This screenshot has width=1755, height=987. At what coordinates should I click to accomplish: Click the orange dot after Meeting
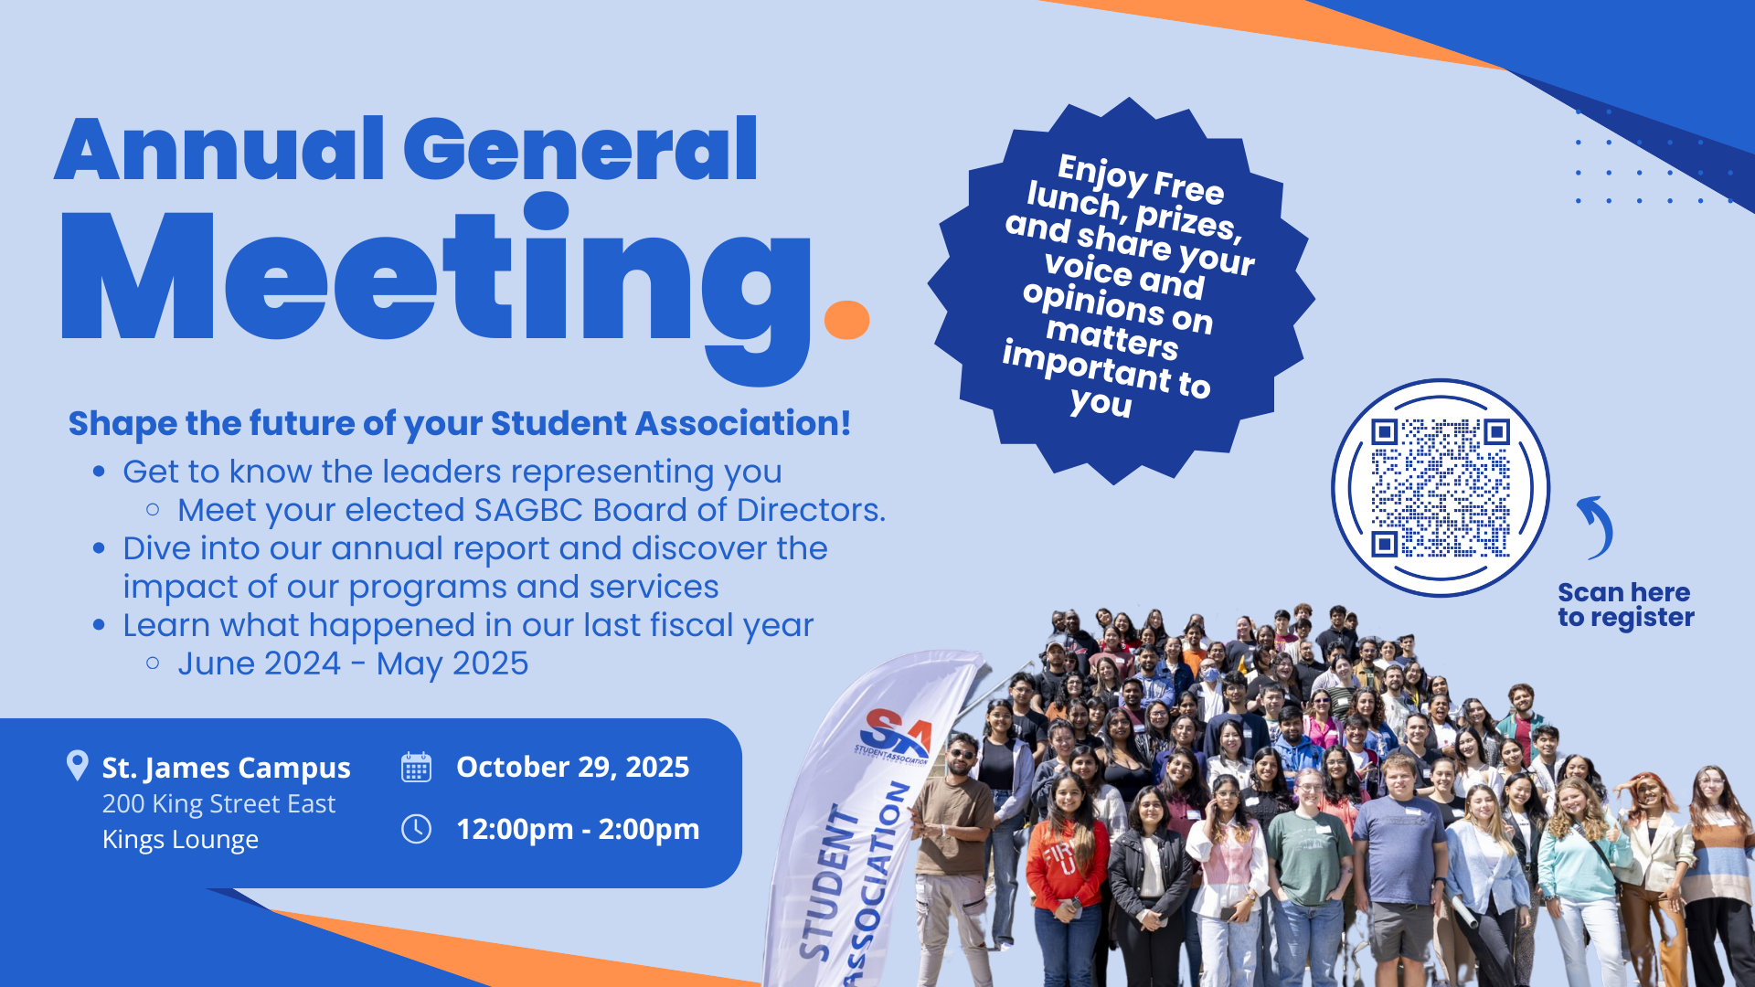(846, 320)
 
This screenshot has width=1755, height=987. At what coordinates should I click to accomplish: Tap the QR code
(1440, 488)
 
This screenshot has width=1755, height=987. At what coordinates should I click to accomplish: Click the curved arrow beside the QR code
(1596, 527)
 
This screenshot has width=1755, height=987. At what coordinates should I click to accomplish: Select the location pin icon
(78, 766)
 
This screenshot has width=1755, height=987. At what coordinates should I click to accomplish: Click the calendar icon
(416, 767)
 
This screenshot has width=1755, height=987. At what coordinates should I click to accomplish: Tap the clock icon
(416, 829)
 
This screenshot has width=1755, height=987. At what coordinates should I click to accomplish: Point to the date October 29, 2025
(573, 768)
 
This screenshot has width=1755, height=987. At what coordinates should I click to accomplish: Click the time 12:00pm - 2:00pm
(578, 830)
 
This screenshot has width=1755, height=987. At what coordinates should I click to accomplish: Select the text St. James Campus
(226, 769)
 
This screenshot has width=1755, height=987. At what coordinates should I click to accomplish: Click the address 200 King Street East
(218, 804)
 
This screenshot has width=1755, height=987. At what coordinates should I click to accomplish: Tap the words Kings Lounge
(180, 840)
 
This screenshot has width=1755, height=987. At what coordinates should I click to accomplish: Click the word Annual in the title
(220, 149)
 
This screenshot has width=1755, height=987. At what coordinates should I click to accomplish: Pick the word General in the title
(580, 149)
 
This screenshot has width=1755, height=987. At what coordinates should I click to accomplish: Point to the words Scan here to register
(1626, 605)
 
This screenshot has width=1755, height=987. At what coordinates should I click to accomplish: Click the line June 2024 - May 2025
(353, 664)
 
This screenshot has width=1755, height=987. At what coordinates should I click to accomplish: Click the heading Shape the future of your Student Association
(460, 424)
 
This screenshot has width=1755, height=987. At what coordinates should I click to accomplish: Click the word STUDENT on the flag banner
(827, 882)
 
